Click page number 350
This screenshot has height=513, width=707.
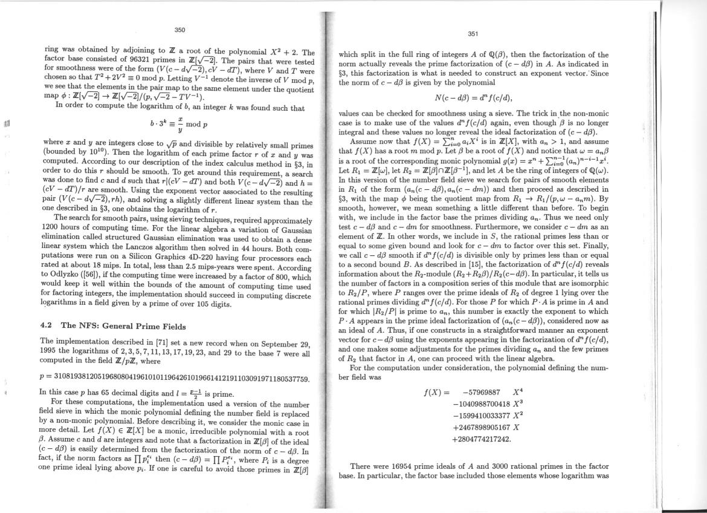179,30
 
